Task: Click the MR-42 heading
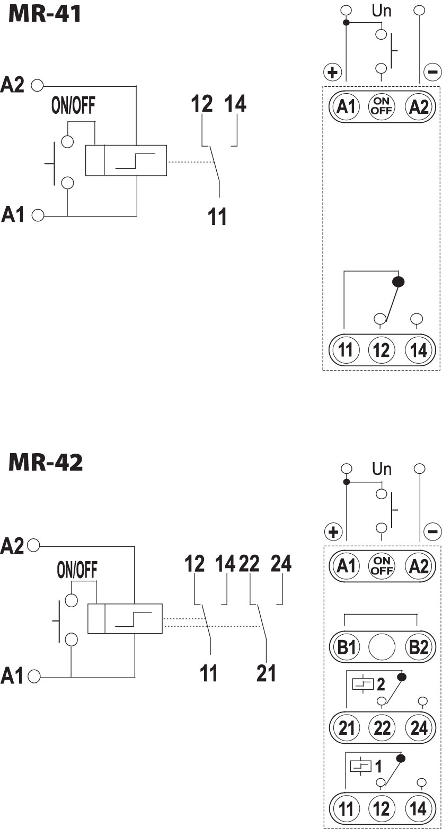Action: (x=46, y=462)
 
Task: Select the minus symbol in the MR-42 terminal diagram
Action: (x=432, y=531)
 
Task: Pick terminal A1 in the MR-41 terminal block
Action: (x=346, y=107)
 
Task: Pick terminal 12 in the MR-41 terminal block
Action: (x=382, y=350)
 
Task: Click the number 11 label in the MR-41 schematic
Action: (x=217, y=217)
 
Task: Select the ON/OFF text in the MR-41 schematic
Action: (x=73, y=106)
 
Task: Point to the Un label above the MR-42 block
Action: (x=382, y=469)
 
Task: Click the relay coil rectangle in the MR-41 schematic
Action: (x=126, y=160)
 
